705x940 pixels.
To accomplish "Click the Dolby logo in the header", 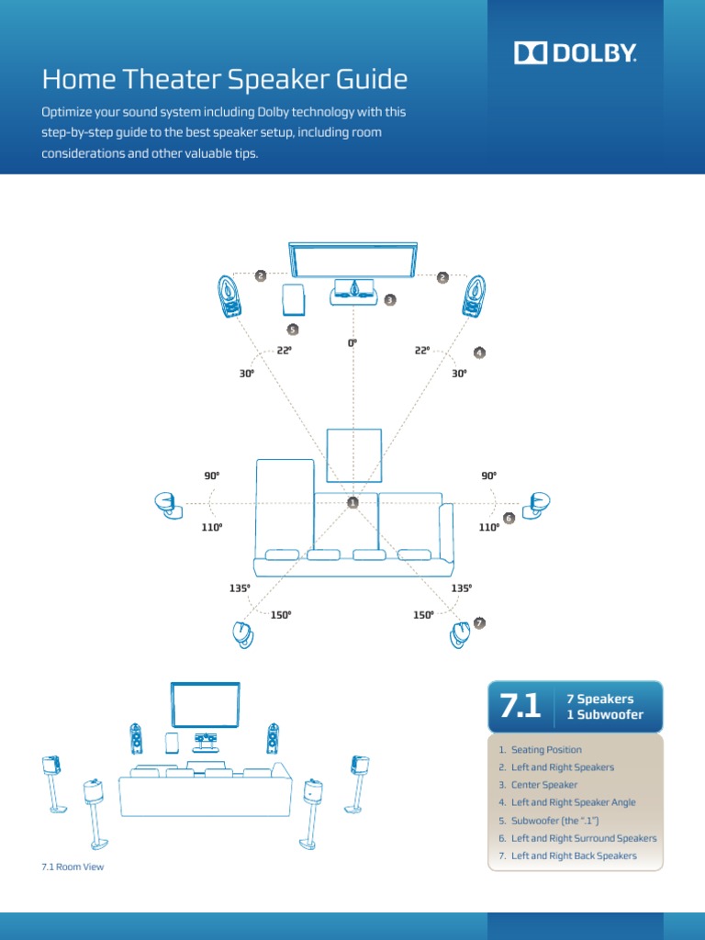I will (x=575, y=53).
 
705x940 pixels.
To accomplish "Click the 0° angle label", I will (x=352, y=342).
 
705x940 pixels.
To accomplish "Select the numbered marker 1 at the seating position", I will (x=352, y=502).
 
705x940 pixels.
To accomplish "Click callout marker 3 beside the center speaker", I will (x=389, y=299).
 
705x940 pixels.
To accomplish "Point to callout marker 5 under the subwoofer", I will (x=293, y=329).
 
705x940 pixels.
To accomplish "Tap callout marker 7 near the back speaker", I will (x=479, y=623).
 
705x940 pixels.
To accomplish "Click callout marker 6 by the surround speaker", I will (x=509, y=518).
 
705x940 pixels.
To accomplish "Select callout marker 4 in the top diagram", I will (x=479, y=352).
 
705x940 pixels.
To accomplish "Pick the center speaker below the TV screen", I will (x=353, y=292).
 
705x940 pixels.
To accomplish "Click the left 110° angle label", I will (x=212, y=527).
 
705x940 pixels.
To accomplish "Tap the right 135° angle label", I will (x=462, y=587).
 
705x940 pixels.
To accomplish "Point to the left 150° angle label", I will (x=281, y=614).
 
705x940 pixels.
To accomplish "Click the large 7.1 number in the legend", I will (x=520, y=706).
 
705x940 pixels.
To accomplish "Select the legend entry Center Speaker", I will (x=544, y=785).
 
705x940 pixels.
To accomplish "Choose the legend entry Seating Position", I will (x=546, y=750).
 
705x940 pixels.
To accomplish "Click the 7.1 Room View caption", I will (x=73, y=867).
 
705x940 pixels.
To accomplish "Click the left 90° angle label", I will (x=212, y=476).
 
